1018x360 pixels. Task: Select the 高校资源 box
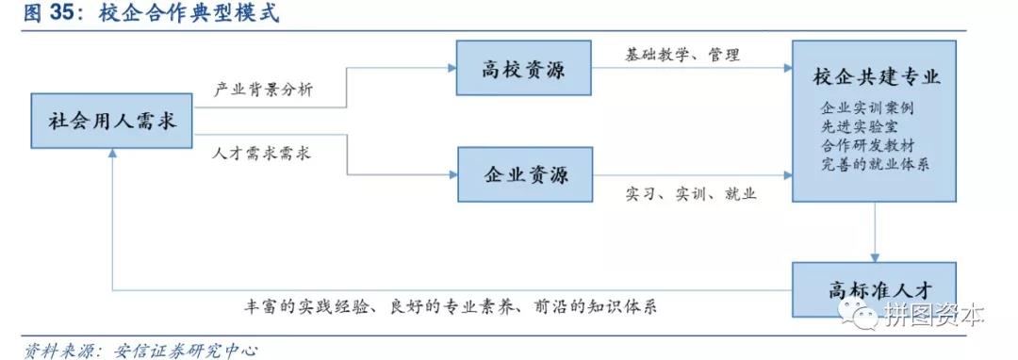(x=524, y=67)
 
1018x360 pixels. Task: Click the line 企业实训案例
(x=866, y=107)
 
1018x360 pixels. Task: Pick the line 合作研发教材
(x=866, y=145)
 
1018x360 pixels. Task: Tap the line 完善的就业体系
(x=874, y=165)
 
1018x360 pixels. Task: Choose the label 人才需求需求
(x=260, y=153)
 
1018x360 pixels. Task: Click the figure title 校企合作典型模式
(x=189, y=15)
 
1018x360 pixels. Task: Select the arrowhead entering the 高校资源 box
(x=451, y=67)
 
